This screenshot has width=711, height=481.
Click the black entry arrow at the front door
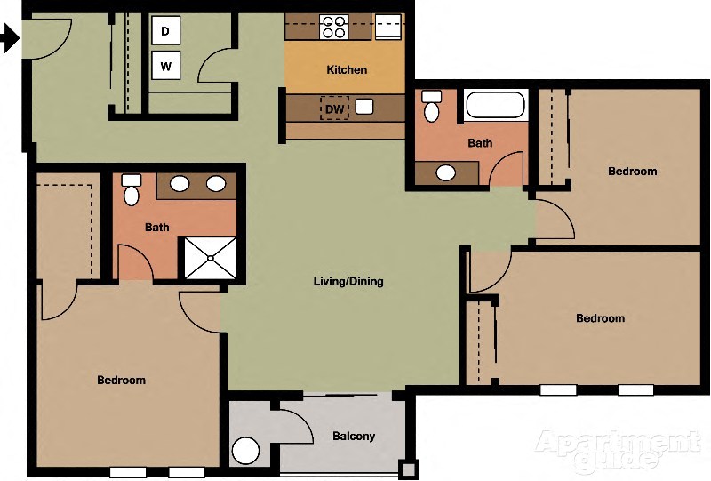coord(9,39)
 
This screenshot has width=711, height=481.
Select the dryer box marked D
coord(165,31)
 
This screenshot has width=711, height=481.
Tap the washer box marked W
coord(165,65)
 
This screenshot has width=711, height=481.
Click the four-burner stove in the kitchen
coord(333,27)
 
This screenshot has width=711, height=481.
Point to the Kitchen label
coord(347,69)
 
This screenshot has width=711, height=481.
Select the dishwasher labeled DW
coord(334,108)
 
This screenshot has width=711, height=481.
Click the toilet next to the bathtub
coord(432,106)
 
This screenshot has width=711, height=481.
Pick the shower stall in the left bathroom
coord(211,258)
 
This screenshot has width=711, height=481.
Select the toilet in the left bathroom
coord(132,190)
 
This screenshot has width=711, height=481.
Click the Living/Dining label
coord(348,282)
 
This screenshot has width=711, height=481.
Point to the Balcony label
coord(354,437)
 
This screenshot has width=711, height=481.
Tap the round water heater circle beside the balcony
coord(245,450)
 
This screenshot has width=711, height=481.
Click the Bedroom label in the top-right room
coord(632,172)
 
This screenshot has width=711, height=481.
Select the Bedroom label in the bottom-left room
coord(121,381)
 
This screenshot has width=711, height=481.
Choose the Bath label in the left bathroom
coord(157,228)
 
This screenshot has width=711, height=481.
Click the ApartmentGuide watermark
coord(615,450)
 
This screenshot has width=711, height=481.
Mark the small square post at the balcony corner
coord(407,469)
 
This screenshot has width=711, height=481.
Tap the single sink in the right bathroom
coord(445,172)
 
